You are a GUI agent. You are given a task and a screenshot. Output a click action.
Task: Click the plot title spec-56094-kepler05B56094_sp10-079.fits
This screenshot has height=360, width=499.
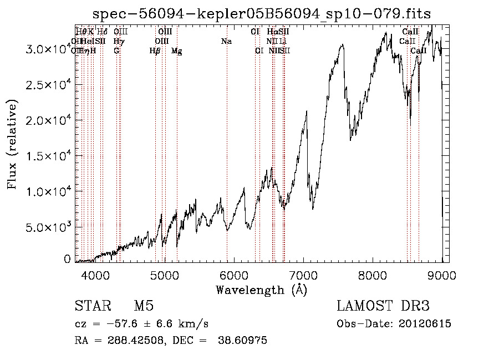point(261,14)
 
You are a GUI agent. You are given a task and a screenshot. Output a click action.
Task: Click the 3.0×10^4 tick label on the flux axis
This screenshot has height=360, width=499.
point(48,49)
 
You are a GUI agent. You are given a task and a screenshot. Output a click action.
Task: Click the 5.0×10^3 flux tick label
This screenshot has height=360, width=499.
point(48,227)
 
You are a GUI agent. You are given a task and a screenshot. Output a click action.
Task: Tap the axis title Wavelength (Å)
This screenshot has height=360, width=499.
point(261,290)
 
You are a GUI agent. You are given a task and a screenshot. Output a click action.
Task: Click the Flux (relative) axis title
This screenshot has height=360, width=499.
point(12,144)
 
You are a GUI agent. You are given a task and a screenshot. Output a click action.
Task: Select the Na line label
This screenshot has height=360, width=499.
point(226,41)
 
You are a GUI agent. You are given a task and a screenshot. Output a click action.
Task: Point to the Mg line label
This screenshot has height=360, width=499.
point(177,51)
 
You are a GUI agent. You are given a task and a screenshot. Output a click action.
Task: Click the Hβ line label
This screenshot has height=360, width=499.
point(155,51)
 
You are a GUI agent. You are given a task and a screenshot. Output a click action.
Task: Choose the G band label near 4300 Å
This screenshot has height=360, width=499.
point(116,50)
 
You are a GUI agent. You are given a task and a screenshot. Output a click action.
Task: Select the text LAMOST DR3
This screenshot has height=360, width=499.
point(383,307)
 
